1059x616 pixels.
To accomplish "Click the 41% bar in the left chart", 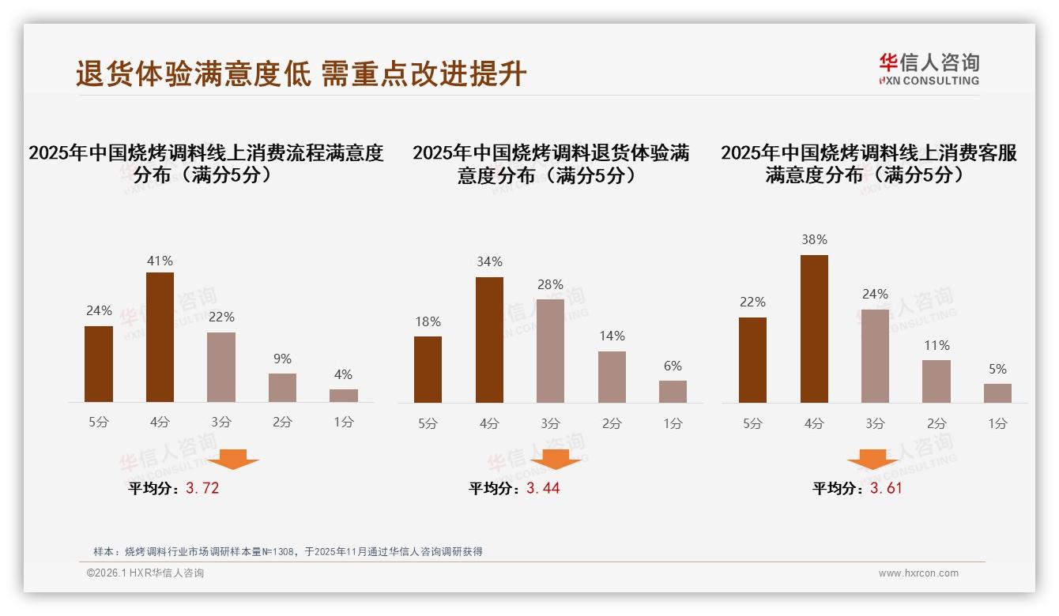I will (160, 337).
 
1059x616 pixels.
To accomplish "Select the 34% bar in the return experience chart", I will (489, 340).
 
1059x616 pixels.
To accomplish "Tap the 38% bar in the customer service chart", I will (814, 329).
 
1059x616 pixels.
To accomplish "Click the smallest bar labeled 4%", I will (343, 396).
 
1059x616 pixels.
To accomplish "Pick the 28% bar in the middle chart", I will (550, 351).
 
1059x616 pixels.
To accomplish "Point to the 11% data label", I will (936, 346).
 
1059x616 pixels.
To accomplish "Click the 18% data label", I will (428, 322).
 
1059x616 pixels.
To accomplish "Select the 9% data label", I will (282, 359).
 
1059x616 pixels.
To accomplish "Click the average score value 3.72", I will (202, 488).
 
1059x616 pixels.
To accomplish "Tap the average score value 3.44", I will (543, 488).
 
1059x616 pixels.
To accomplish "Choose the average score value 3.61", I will (886, 488).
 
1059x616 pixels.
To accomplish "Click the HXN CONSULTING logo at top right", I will (929, 69).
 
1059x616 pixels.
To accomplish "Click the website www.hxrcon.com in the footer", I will (918, 573).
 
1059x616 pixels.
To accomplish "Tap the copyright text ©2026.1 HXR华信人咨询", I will (145, 573).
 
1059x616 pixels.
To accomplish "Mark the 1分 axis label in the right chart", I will (997, 424).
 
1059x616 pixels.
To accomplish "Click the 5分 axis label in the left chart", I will (99, 423).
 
